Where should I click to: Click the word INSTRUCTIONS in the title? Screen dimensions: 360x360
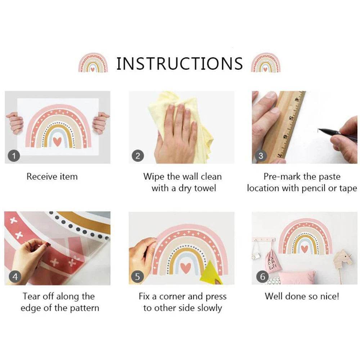[x=180, y=63]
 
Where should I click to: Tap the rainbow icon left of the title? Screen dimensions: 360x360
[x=93, y=62]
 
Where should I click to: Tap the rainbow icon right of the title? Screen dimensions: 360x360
[x=266, y=62]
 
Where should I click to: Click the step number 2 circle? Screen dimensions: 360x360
[x=138, y=156]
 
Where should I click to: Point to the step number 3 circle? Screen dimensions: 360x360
[x=260, y=156]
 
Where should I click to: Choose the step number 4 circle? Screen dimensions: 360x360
[x=15, y=276]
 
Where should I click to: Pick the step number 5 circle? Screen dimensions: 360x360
[x=137, y=276]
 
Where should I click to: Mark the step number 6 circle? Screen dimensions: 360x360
[x=262, y=276]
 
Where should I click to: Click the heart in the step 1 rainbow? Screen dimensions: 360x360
[x=57, y=141]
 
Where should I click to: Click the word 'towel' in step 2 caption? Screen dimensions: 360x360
[x=205, y=188]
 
